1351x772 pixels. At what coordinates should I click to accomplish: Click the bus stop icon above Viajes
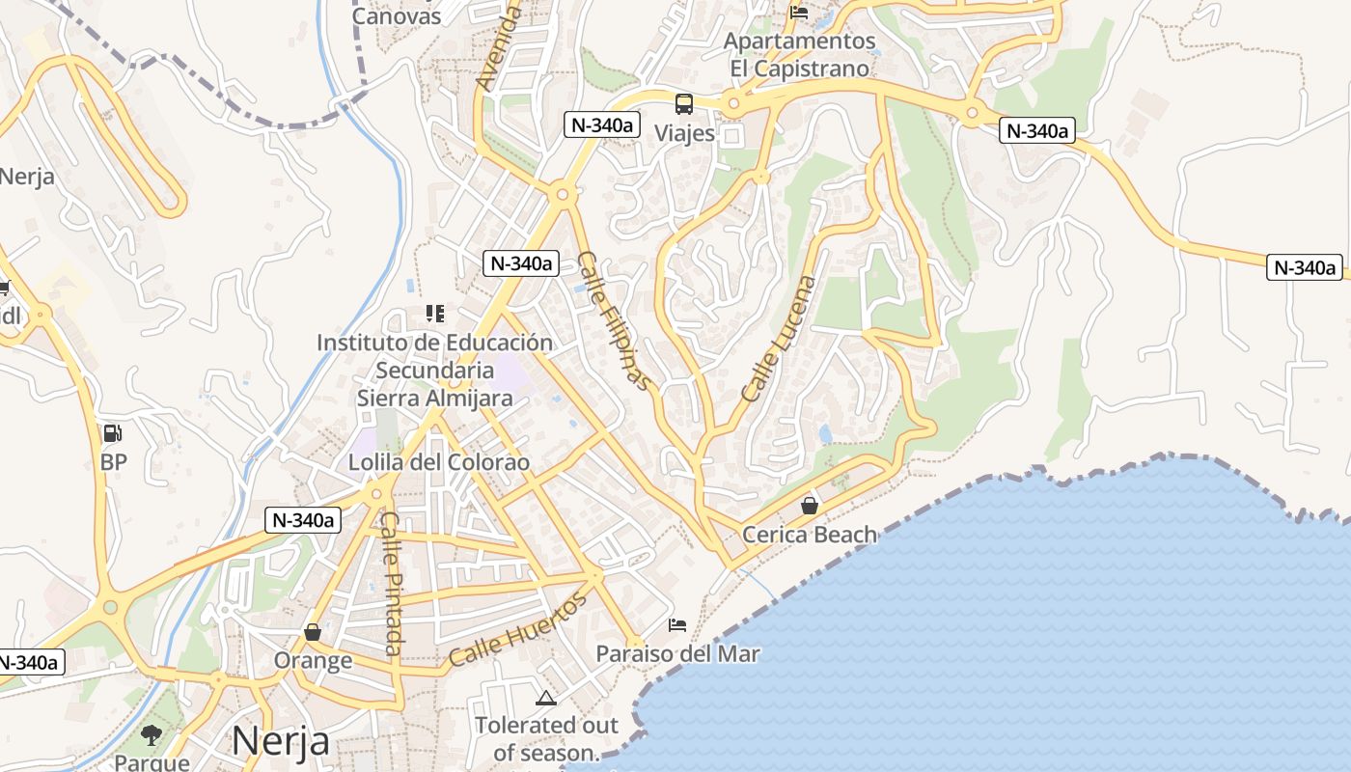[683, 103]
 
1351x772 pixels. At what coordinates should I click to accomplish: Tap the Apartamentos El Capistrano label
[799, 55]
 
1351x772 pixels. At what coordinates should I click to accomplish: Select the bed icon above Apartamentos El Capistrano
[799, 13]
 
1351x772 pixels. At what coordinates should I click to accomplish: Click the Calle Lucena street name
[779, 339]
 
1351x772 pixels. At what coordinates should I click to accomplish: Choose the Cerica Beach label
[810, 535]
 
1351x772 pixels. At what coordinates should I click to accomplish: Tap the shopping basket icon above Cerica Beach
[810, 505]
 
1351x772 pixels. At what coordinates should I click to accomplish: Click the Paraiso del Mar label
[677, 654]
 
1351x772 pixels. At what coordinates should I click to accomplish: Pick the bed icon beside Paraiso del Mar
[677, 625]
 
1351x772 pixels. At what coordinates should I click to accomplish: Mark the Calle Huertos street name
[517, 630]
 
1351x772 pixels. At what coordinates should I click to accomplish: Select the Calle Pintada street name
[391, 583]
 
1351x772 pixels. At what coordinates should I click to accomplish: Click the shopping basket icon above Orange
[312, 632]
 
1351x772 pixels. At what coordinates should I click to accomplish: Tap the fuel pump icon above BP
[113, 433]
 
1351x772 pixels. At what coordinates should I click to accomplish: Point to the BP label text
[113, 462]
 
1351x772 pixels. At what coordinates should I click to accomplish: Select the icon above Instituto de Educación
[435, 314]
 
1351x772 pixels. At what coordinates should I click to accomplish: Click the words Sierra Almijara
[434, 398]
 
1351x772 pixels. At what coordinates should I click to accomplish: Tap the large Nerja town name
[281, 741]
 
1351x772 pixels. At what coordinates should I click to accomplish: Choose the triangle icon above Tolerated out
[546, 698]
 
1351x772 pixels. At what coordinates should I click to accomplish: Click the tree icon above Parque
[152, 735]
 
